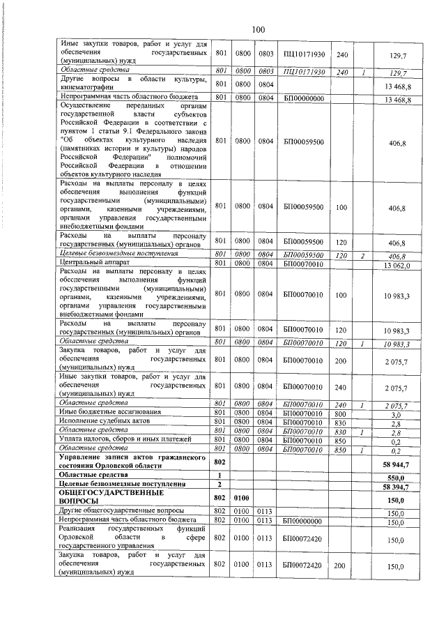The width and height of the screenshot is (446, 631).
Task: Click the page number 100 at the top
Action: pos(257,29)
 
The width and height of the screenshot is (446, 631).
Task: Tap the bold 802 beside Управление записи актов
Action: pos(220,462)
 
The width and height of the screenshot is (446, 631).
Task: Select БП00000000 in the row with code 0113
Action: pos(303,522)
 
